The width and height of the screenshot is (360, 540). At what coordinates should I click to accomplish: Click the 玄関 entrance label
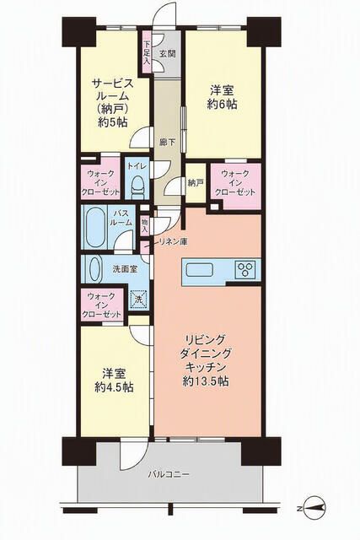click(168, 53)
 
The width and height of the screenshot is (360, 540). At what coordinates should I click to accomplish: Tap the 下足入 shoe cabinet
click(147, 52)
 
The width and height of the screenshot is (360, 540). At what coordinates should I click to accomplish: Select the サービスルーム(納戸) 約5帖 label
click(112, 103)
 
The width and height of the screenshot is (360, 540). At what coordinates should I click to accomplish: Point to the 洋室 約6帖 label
click(222, 97)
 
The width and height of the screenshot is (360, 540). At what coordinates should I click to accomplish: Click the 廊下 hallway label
click(167, 142)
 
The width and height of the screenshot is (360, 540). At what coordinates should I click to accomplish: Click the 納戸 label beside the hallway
click(195, 183)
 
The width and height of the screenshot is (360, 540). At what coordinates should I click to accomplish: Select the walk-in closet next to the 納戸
click(236, 186)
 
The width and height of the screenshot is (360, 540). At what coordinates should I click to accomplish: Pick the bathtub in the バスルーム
click(94, 227)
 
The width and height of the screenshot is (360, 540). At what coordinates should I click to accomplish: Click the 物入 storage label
click(144, 225)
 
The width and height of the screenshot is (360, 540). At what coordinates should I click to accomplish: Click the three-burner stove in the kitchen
click(245, 269)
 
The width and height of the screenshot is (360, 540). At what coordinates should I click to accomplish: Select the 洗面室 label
click(125, 268)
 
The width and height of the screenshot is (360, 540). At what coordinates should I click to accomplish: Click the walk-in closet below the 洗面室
click(102, 305)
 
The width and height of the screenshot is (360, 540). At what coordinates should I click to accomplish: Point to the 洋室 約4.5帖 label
click(114, 381)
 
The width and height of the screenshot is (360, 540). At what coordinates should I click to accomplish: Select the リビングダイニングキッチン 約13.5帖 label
click(206, 360)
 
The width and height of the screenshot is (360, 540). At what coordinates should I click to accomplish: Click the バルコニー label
click(169, 474)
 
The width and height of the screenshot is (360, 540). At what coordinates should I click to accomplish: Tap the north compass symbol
click(313, 508)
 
